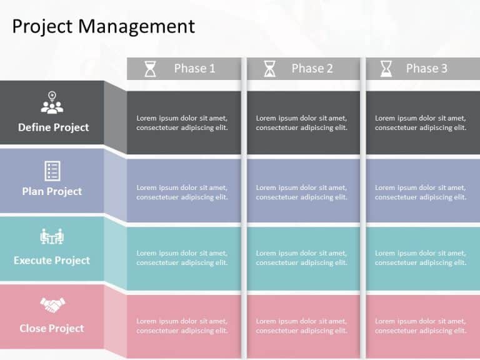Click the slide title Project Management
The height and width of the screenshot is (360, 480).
pos(104,26)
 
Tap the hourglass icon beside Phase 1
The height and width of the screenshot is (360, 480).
pos(151,69)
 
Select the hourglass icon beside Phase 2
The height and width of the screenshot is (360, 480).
pos(269,69)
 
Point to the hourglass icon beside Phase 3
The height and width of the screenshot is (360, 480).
pos(387,69)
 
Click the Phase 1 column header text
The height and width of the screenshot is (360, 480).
pos(194,69)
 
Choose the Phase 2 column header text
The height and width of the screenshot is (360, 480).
pos(312,69)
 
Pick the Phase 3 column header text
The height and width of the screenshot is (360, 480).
pos(426,69)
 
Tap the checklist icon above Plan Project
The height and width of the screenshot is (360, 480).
pos(52,170)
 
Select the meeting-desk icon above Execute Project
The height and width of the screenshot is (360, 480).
pos(52,237)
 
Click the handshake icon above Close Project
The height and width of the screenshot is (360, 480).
pos(52,305)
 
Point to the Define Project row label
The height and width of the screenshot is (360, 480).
pos(53,127)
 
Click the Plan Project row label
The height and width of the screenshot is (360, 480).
pos(52,191)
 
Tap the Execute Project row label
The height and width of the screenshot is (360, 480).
pos(52,260)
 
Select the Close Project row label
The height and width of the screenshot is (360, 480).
pos(52,328)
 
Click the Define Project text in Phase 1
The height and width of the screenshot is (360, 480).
pos(182,122)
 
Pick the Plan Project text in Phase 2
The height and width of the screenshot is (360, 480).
pos(301,192)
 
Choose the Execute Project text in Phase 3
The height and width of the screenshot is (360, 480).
pos(421,257)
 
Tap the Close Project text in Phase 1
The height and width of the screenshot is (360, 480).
pos(182,326)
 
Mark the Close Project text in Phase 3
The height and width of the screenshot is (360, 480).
pos(421,326)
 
